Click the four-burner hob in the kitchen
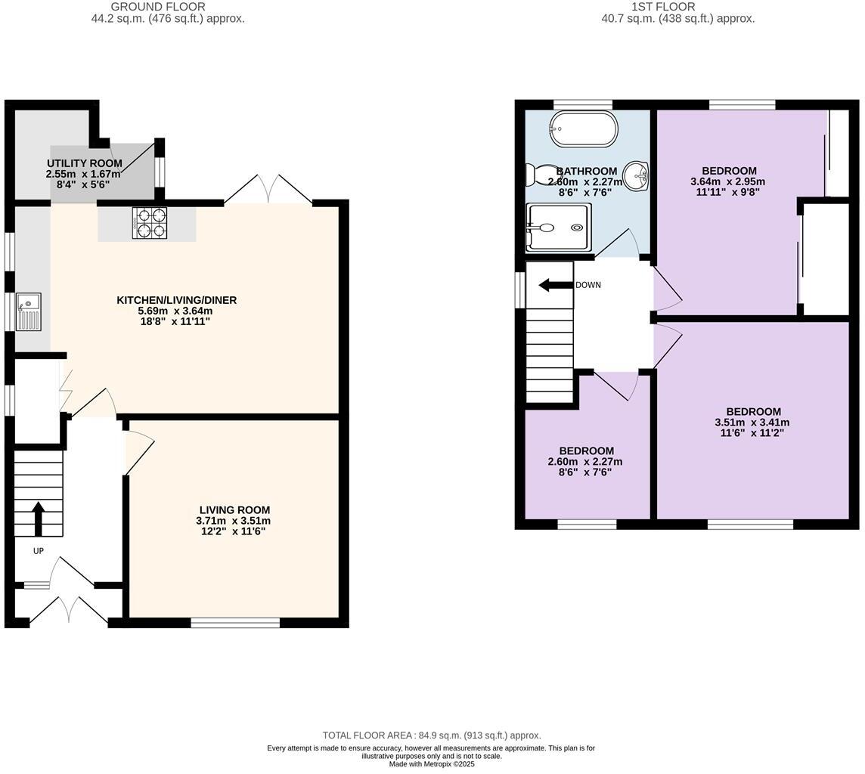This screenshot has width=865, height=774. [150, 223]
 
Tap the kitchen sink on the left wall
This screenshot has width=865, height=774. [29, 311]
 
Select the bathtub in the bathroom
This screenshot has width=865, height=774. [583, 129]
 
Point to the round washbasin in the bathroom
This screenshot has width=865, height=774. [636, 176]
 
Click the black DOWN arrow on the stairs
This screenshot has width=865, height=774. [555, 285]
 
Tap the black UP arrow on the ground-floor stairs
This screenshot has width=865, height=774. [38, 519]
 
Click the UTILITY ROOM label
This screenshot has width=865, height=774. [84, 163]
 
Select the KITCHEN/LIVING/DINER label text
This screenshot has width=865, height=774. [176, 300]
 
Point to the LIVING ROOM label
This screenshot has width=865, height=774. [234, 510]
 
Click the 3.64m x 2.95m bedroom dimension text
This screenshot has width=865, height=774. [727, 181]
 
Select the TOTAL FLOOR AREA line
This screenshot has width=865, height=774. [432, 735]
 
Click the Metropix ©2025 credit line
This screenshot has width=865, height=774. [432, 764]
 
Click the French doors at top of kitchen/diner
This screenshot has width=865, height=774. [268, 191]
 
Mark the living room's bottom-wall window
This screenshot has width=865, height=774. [235, 623]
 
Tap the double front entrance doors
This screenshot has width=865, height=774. [69, 611]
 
